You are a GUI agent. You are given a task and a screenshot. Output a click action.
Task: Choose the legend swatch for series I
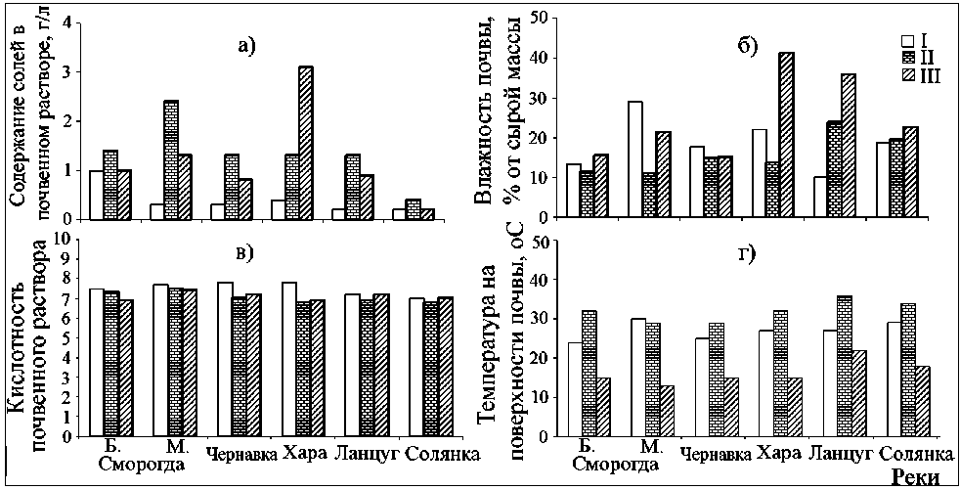click(x=907, y=41)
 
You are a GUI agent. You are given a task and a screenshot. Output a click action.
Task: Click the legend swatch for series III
click(x=907, y=76)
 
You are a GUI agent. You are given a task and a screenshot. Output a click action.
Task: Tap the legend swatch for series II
click(x=907, y=59)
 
